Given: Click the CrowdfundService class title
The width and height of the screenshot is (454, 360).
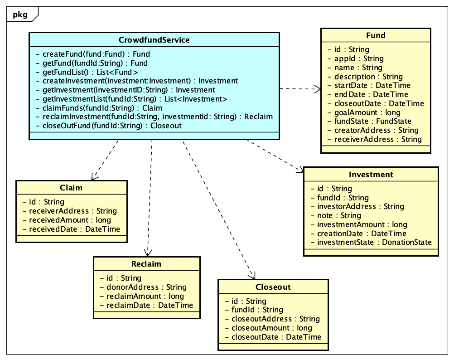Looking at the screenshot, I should [154, 40].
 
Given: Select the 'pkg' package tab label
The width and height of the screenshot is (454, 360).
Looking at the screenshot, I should [20, 15].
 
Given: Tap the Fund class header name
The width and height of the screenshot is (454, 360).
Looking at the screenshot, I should [376, 36].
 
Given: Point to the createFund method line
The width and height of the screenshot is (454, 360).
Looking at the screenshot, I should [92, 54].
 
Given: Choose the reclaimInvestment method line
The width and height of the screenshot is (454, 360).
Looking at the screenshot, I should [154, 117].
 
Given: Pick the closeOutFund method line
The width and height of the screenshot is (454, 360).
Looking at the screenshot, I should [108, 126].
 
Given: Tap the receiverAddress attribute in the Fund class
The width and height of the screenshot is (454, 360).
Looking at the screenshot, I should [378, 139].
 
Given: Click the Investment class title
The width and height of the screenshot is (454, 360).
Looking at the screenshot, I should [371, 175].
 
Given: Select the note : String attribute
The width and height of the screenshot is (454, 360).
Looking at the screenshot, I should [339, 215].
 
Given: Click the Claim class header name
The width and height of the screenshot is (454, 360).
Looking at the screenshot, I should [71, 188].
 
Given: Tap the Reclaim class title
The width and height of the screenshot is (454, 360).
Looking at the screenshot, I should [146, 264].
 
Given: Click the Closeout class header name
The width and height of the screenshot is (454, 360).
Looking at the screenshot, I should [273, 287].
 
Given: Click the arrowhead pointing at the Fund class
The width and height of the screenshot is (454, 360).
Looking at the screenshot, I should [318, 90].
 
